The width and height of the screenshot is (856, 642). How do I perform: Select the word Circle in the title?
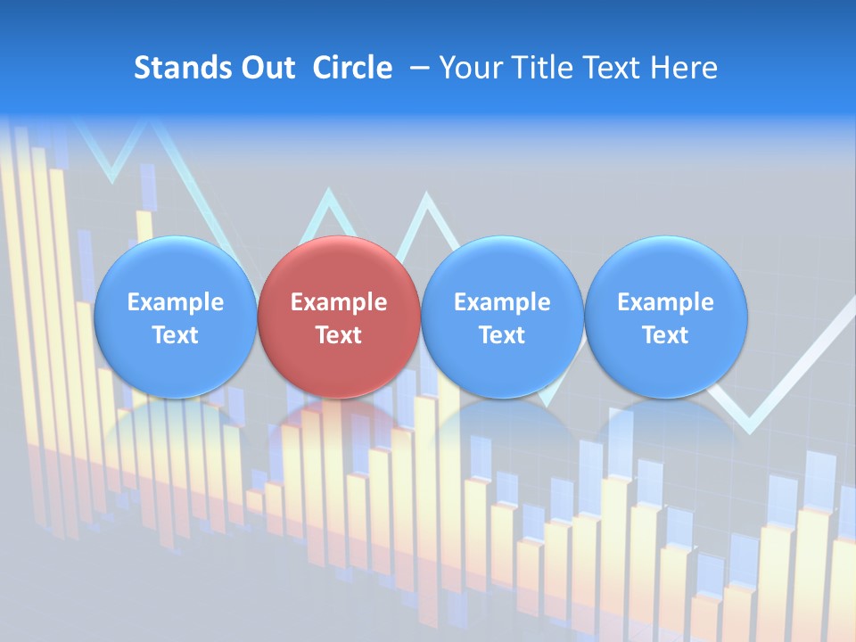pyautogui.click(x=352, y=68)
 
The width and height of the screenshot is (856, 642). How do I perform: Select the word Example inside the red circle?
pyautogui.click(x=339, y=302)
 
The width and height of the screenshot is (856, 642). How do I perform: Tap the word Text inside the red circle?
pyautogui.click(x=339, y=335)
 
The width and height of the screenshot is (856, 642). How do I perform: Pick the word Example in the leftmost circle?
pyautogui.click(x=175, y=302)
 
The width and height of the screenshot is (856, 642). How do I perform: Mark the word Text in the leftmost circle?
pyautogui.click(x=175, y=335)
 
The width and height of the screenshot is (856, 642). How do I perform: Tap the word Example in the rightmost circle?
pyautogui.click(x=665, y=302)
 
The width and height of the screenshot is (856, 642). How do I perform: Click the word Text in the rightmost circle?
pyautogui.click(x=665, y=335)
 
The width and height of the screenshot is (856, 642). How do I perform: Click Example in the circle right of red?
pyautogui.click(x=502, y=302)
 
